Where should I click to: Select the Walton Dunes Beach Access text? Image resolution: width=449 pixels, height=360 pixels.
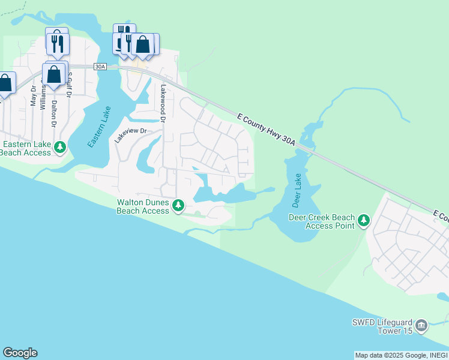click(x=143, y=207)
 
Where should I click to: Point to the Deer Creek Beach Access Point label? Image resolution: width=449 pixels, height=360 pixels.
click(x=322, y=221)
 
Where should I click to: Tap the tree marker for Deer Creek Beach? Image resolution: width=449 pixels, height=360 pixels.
click(x=363, y=221)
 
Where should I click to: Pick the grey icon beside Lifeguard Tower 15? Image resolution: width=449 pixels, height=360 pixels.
click(x=421, y=325)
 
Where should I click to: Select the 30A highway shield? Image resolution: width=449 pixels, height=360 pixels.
click(x=100, y=67)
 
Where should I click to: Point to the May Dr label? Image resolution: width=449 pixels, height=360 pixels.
click(x=34, y=96)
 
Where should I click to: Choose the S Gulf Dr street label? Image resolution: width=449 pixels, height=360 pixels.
click(x=70, y=84)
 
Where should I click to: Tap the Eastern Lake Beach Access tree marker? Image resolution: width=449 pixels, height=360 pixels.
click(x=59, y=147)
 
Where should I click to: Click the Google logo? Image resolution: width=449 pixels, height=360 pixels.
click(x=20, y=353)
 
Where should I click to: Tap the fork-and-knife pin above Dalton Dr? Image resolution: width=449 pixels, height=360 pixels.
click(x=58, y=43)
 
